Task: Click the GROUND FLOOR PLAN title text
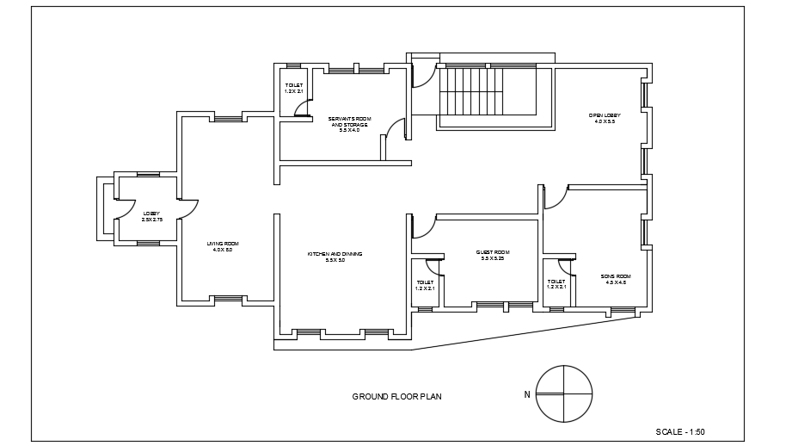tap(396, 397)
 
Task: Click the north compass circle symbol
tap(564, 393)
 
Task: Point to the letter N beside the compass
tap(526, 395)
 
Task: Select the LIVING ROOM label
tap(223, 244)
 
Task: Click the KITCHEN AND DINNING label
tap(335, 254)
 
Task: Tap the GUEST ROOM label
tap(493, 252)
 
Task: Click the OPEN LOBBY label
tap(605, 115)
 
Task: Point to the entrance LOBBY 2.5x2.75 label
tap(151, 214)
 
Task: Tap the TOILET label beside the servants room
tap(294, 85)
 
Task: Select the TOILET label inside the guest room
tap(425, 282)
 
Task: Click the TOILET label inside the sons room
tap(556, 282)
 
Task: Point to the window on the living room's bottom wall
tap(228, 299)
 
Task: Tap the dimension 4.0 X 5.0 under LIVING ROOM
tap(223, 250)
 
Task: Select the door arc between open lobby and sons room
tap(556, 197)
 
